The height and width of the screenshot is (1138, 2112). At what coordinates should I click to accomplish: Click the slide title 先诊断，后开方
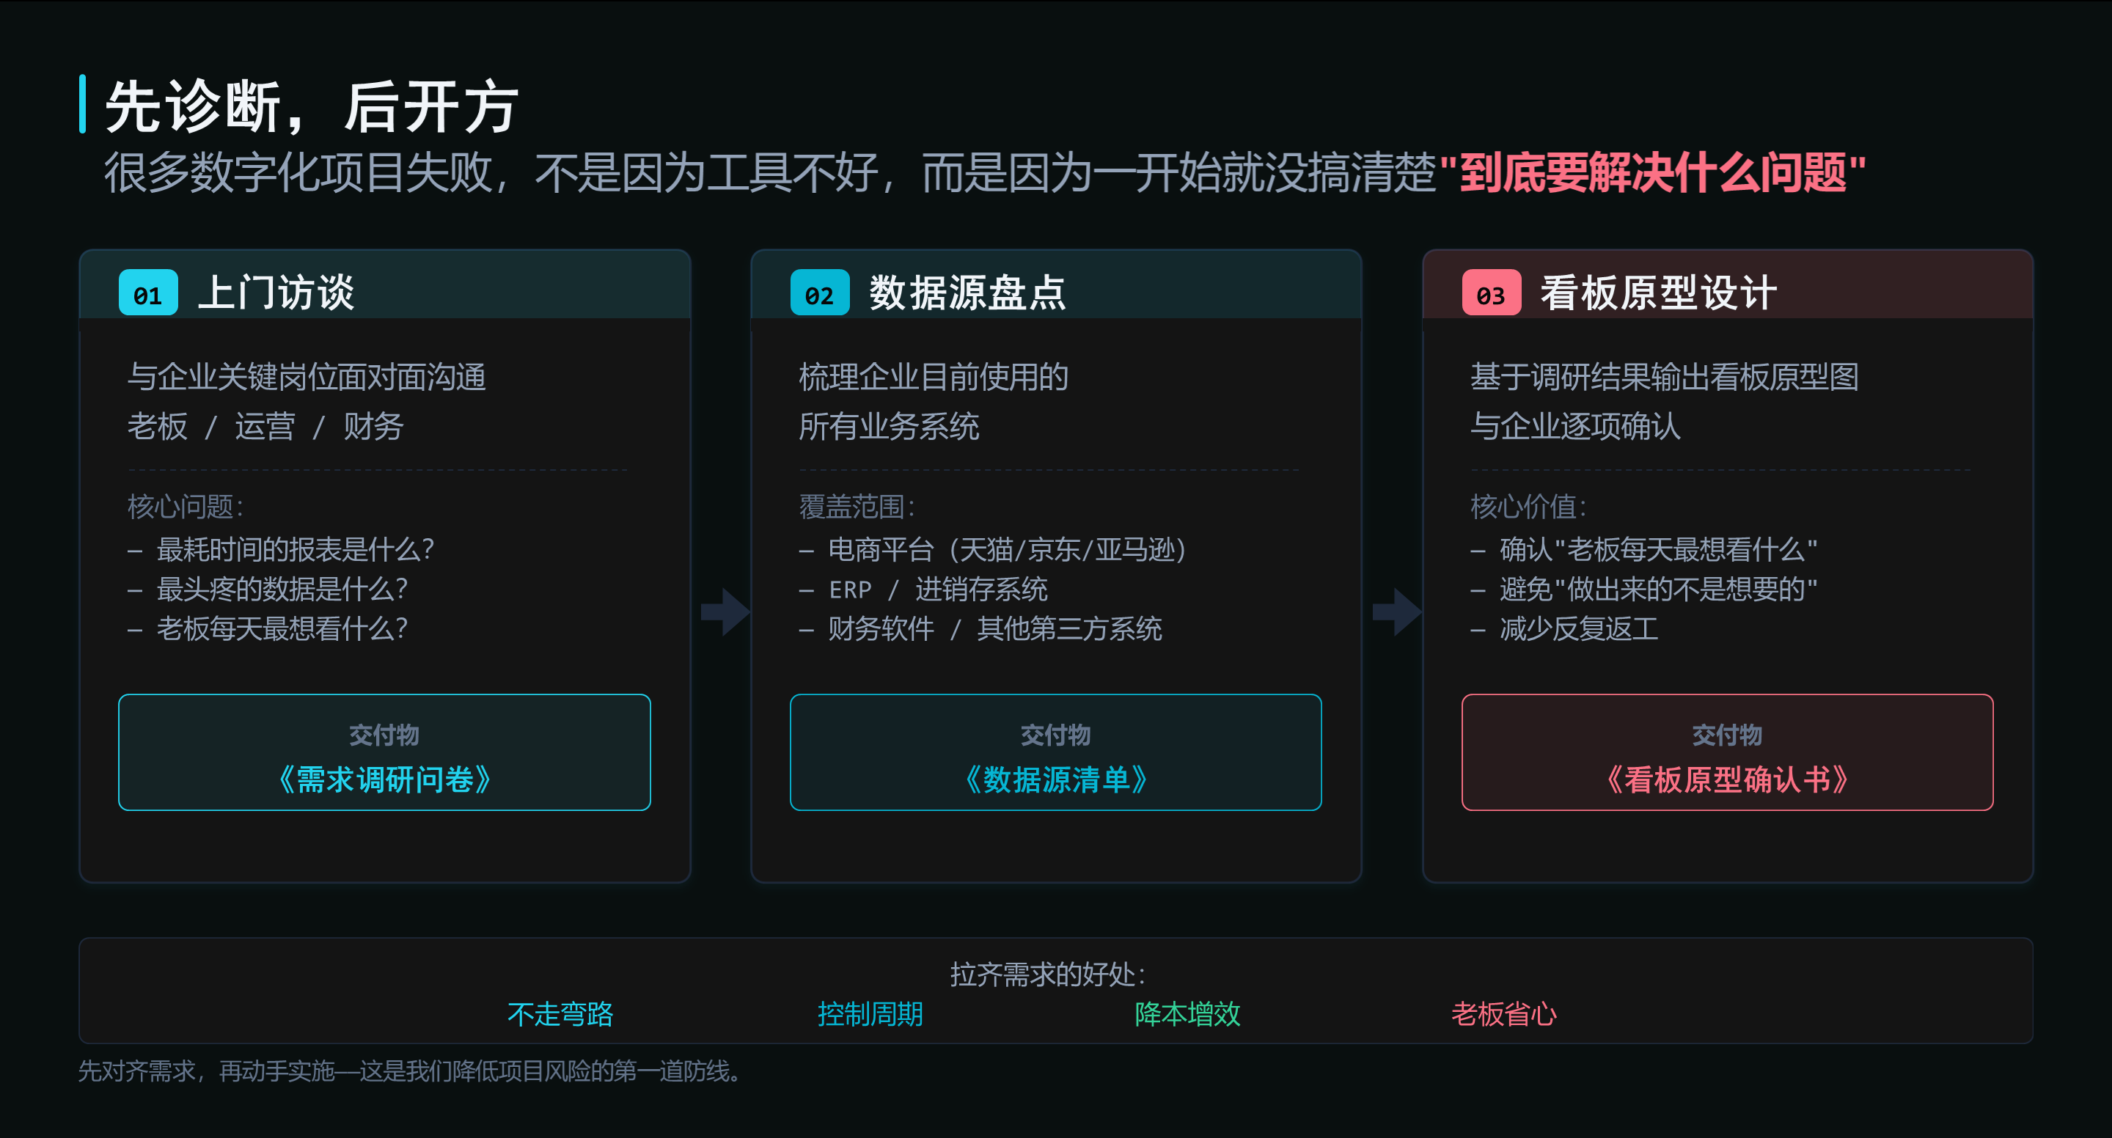[312, 106]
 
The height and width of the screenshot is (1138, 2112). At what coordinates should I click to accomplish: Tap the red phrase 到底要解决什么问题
[1653, 173]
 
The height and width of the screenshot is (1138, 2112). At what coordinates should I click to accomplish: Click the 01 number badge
[148, 293]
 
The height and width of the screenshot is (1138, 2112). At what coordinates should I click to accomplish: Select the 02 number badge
[820, 293]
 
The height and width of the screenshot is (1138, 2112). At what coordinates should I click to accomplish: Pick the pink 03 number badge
[1492, 293]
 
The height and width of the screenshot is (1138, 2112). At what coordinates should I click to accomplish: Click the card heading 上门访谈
[276, 293]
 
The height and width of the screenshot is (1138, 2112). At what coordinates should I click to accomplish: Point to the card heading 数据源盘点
[967, 293]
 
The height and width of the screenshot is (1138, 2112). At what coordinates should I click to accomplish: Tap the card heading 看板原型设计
[1659, 293]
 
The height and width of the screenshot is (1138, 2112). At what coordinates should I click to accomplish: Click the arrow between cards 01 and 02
[725, 612]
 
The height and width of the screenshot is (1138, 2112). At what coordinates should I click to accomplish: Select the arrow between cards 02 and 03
[1397, 612]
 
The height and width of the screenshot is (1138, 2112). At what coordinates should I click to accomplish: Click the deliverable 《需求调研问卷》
[384, 779]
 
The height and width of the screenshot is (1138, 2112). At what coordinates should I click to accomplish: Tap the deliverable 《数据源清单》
[1056, 779]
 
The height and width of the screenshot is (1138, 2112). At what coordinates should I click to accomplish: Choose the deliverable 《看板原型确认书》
[1728, 779]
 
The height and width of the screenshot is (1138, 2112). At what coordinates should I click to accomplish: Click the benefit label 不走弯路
[561, 1014]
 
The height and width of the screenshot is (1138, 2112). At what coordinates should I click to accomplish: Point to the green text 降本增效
[1187, 1014]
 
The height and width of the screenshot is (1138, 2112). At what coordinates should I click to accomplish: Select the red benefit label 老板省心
[1503, 1014]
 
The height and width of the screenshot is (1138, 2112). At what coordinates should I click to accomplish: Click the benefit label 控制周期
[870, 1014]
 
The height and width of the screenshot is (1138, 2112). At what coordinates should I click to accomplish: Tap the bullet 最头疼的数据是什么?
[281, 589]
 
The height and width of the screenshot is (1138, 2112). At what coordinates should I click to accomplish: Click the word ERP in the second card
[850, 590]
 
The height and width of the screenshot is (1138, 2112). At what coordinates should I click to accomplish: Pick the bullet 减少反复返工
[1579, 629]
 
